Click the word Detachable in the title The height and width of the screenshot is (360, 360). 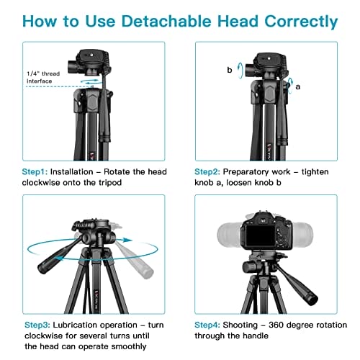(x=166, y=21)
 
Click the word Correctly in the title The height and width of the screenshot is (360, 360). (x=301, y=22)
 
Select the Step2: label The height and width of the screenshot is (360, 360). (x=207, y=172)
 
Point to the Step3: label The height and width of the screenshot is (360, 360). (x=37, y=325)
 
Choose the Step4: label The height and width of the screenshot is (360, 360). (x=207, y=325)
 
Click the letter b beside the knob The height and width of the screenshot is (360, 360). (x=230, y=70)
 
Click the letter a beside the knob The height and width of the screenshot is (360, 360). (x=298, y=86)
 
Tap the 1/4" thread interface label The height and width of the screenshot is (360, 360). (x=43, y=77)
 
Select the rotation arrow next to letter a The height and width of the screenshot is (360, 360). (x=291, y=86)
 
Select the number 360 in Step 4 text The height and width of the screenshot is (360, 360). (x=276, y=325)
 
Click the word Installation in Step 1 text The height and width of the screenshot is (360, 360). (x=71, y=172)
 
